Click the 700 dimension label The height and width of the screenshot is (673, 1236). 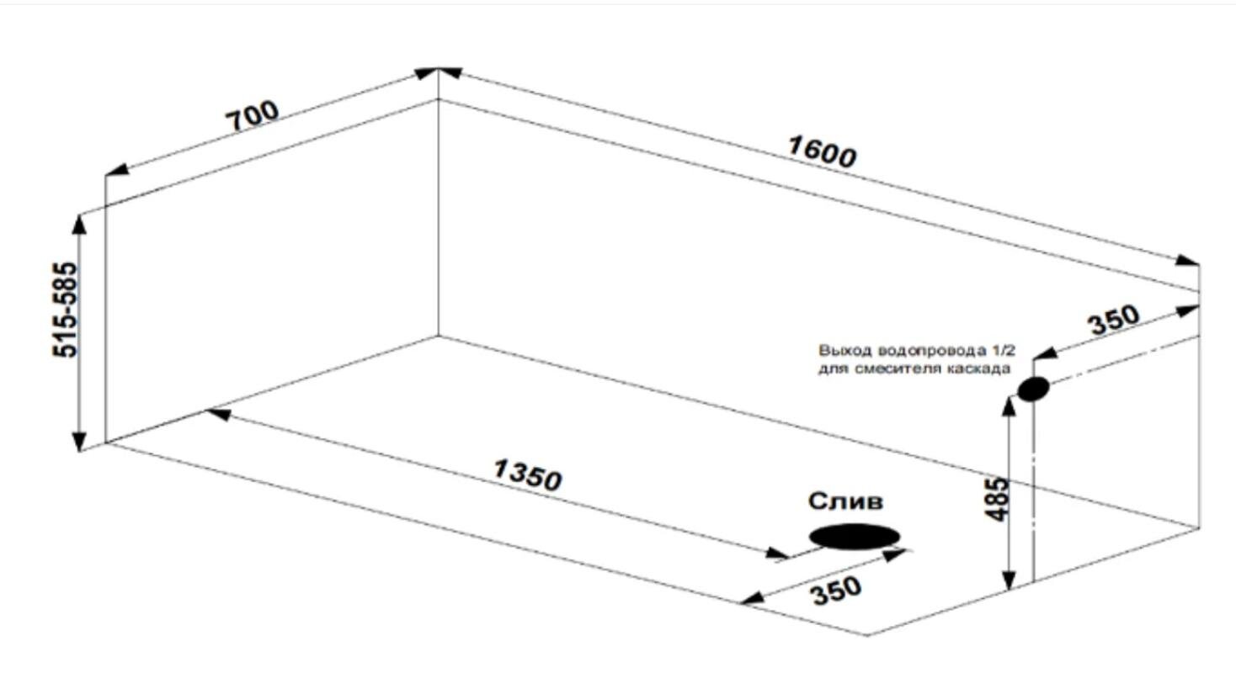pos(253,116)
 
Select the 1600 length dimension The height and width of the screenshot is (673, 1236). pos(822,152)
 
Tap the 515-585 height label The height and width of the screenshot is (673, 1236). pos(65,310)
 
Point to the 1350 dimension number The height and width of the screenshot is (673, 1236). pos(528,474)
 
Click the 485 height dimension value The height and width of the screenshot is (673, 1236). pos(996,500)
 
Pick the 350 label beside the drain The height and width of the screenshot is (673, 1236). pos(835,591)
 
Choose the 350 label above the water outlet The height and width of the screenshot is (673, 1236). pos(1115,320)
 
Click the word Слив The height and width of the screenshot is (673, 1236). pos(845,501)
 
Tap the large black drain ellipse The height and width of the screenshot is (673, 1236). pos(855,537)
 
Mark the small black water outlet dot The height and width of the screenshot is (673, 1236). pos(1033,389)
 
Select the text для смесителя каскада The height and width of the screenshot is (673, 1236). pos(914,368)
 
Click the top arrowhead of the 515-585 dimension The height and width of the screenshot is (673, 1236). pos(79,225)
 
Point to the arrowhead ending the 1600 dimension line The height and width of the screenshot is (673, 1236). pos(1187,261)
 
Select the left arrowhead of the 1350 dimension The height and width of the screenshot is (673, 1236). pos(219,414)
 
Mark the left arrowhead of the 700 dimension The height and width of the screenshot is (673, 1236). pos(117,169)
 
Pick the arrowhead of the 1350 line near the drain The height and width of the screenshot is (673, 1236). pos(777,554)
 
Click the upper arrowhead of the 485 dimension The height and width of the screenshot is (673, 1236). pos(1009,406)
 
